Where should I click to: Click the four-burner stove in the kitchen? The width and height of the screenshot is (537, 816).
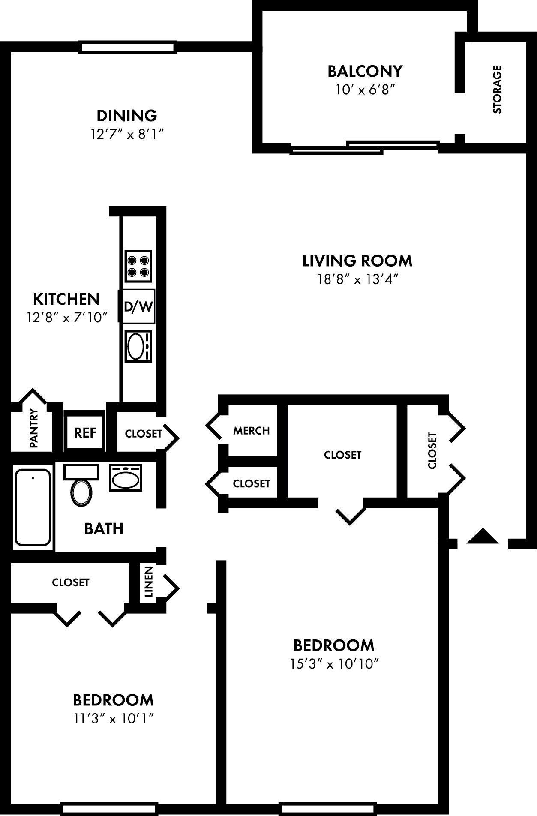(x=138, y=266)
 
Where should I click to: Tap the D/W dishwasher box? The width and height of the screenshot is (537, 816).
(x=138, y=306)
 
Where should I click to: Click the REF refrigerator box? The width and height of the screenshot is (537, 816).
(x=85, y=432)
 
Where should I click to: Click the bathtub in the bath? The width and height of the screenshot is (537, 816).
(x=33, y=507)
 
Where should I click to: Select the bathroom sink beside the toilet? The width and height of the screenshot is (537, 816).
(x=125, y=477)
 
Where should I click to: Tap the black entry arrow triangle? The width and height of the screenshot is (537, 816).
(x=482, y=537)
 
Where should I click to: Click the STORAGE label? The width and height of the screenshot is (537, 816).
(x=497, y=89)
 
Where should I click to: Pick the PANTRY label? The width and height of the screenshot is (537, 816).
(x=34, y=428)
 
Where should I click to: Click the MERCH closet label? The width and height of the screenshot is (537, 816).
(x=252, y=431)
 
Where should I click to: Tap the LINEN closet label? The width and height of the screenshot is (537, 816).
(x=148, y=582)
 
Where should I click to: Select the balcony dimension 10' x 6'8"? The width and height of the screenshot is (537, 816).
(x=365, y=90)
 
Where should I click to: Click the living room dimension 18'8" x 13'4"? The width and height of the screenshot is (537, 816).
(x=358, y=279)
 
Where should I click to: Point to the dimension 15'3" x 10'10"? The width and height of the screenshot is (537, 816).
(x=334, y=664)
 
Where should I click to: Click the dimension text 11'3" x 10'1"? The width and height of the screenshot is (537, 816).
(x=113, y=718)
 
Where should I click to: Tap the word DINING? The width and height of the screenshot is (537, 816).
(x=127, y=116)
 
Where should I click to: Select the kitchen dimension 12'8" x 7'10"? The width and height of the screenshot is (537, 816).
(x=66, y=318)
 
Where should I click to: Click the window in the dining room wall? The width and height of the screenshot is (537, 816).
(x=128, y=47)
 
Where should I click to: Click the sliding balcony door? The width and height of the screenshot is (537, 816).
(x=364, y=147)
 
